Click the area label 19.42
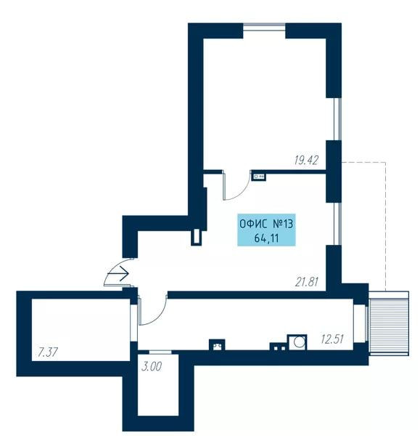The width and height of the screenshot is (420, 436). click(x=306, y=160)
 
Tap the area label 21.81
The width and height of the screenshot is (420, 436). click(x=306, y=282)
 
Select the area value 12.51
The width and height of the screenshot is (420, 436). click(x=332, y=339)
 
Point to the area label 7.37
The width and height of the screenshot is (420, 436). click(x=48, y=352)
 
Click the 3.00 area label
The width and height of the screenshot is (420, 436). click(x=152, y=367)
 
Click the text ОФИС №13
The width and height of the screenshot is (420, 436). click(x=266, y=224)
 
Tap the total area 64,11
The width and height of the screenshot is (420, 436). click(x=266, y=238)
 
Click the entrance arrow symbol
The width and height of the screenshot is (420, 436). click(x=118, y=274)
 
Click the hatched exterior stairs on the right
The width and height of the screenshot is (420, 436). click(x=389, y=323)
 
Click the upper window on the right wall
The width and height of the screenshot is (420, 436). click(x=337, y=119)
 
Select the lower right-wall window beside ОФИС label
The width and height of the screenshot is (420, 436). click(x=337, y=224)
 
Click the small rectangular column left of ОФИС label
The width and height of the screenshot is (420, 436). click(x=197, y=237)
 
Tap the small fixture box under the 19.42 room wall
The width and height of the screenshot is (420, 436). click(x=259, y=177)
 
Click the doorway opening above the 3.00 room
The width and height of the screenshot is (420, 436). click(x=160, y=352)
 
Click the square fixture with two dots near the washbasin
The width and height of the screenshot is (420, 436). click(x=278, y=347)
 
